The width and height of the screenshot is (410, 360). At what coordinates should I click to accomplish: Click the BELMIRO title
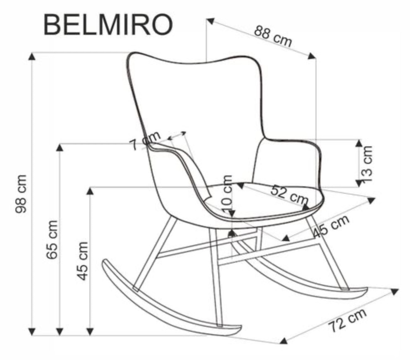tap(108, 25)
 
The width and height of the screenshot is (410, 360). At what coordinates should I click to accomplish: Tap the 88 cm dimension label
tap(273, 37)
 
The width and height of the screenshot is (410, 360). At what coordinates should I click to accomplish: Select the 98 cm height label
tap(21, 193)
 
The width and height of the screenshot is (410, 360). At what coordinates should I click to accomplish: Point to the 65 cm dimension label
tap(52, 239)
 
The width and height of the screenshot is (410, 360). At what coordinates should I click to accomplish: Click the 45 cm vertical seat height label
tap(83, 260)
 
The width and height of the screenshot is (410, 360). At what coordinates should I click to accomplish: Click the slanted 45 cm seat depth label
tap(331, 227)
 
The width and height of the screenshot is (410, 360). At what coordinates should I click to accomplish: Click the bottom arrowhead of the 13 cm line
tap(358, 183)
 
